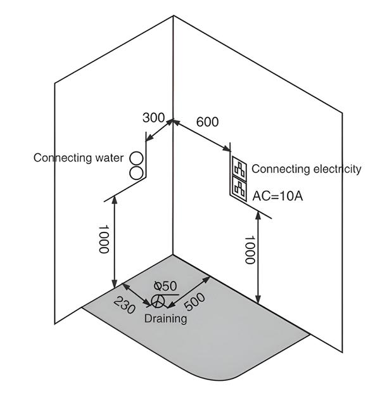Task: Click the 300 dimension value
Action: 154,118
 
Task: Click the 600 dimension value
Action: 207,122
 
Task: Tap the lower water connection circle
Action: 137,172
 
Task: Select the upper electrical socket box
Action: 240,168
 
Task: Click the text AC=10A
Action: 277,196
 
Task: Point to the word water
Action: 110,158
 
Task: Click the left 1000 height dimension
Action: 104,239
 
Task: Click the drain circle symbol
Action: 158,300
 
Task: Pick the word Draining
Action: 165,318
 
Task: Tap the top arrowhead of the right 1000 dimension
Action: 258,215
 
